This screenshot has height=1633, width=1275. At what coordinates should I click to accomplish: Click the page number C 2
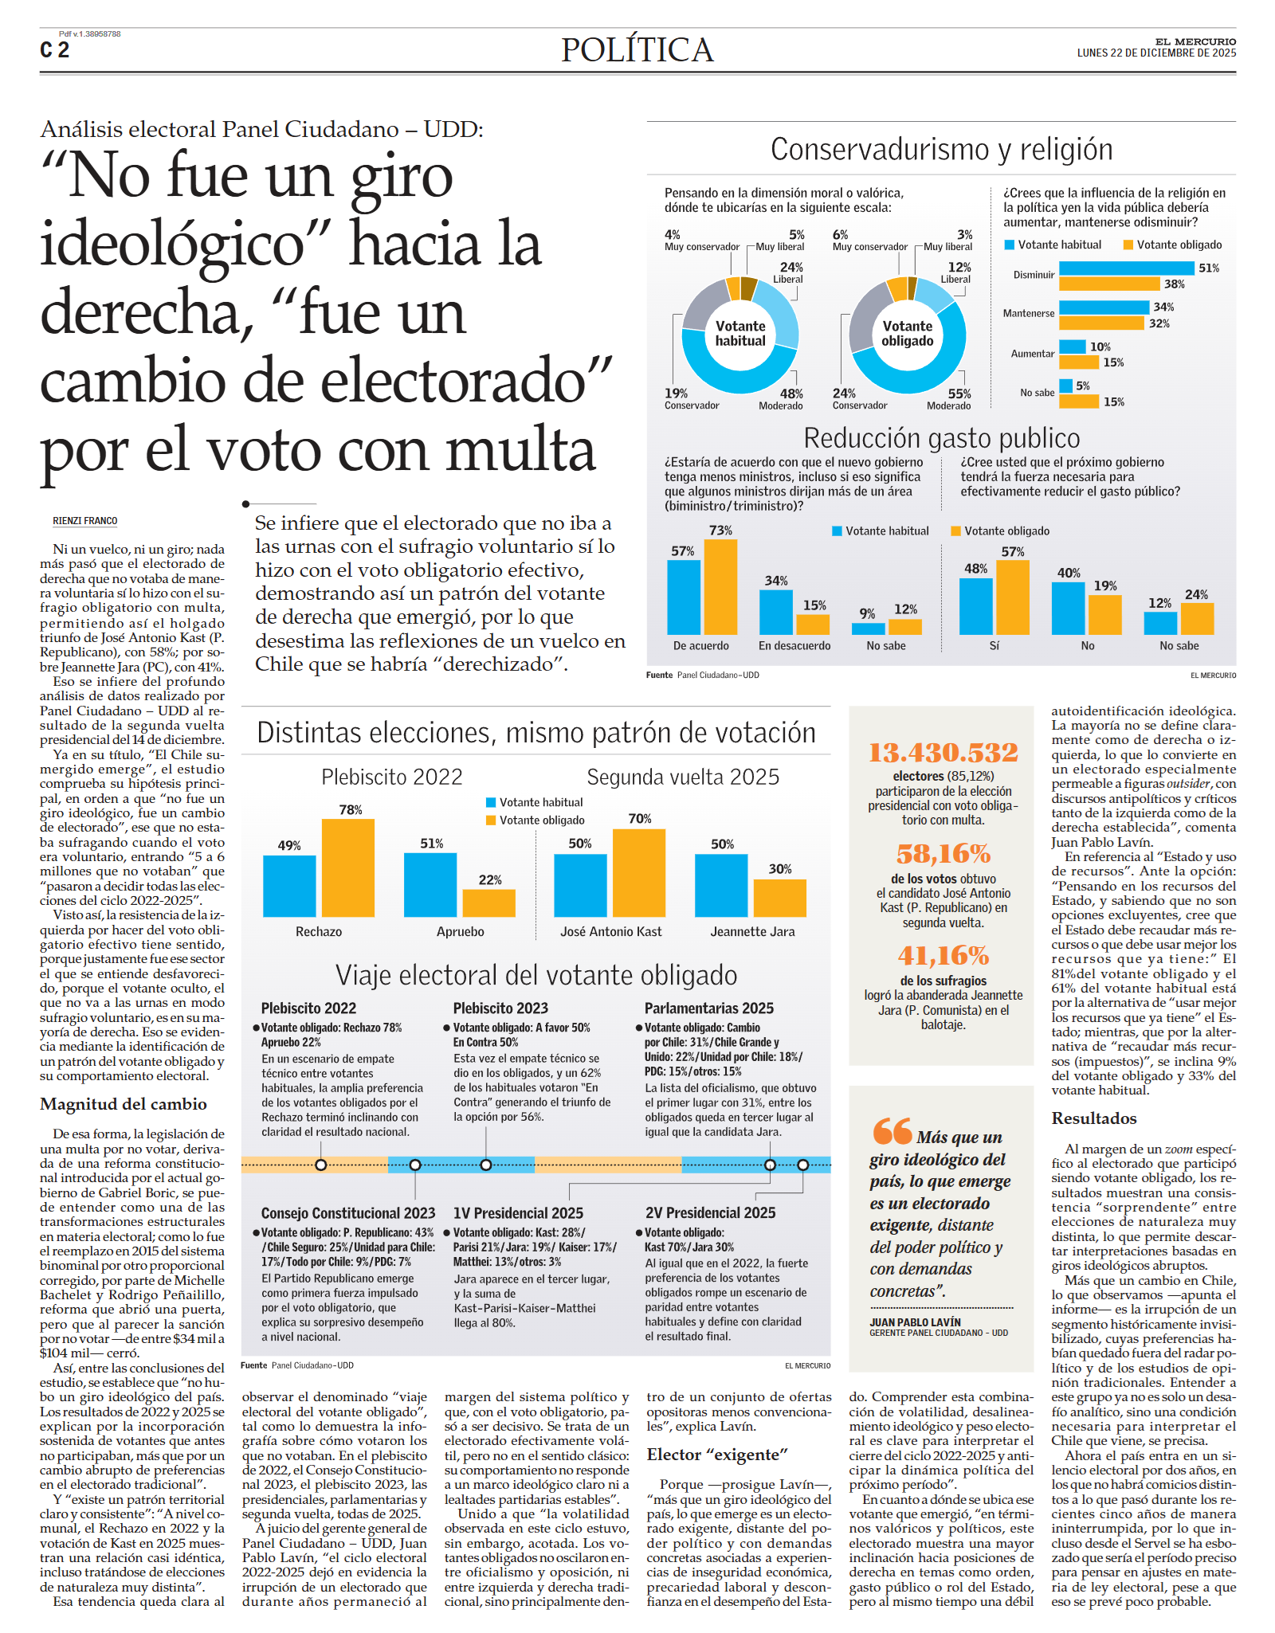point(54,50)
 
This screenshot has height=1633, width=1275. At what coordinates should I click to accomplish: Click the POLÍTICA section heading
point(637,50)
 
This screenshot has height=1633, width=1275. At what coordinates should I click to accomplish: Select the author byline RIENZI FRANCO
point(84,521)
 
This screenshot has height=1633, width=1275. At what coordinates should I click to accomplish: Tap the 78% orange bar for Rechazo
point(348,867)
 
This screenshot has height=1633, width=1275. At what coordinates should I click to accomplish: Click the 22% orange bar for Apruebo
point(488,903)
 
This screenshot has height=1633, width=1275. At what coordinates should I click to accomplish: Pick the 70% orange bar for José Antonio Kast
point(638,872)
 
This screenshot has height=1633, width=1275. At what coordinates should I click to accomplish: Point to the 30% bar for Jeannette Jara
point(779,898)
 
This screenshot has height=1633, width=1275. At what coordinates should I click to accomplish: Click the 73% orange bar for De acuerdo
point(720,586)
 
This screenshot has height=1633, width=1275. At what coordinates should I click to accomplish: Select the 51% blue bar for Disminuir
point(1127,268)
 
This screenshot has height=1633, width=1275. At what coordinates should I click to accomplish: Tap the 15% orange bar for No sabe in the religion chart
point(1079,401)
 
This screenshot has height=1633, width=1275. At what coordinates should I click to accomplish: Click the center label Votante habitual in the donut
point(740,333)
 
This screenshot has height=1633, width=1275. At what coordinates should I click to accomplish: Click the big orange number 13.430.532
point(943,752)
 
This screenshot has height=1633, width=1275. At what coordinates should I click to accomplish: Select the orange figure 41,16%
point(943,955)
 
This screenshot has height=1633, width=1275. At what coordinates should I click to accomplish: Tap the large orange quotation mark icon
point(892,1130)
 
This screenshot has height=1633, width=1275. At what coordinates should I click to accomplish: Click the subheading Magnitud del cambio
point(124,1104)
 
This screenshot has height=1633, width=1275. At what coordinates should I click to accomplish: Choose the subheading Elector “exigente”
point(716,1455)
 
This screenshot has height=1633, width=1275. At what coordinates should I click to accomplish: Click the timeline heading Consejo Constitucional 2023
point(348,1213)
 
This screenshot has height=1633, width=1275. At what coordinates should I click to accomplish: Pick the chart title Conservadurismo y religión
point(941,150)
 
